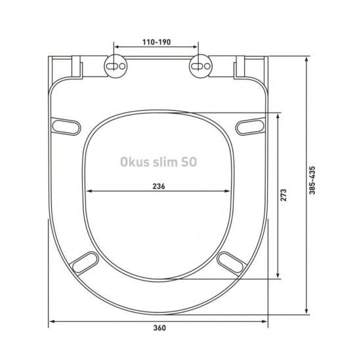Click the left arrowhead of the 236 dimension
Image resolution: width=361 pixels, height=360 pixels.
[89, 192]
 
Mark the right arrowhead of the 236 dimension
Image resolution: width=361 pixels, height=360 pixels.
[230, 192]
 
